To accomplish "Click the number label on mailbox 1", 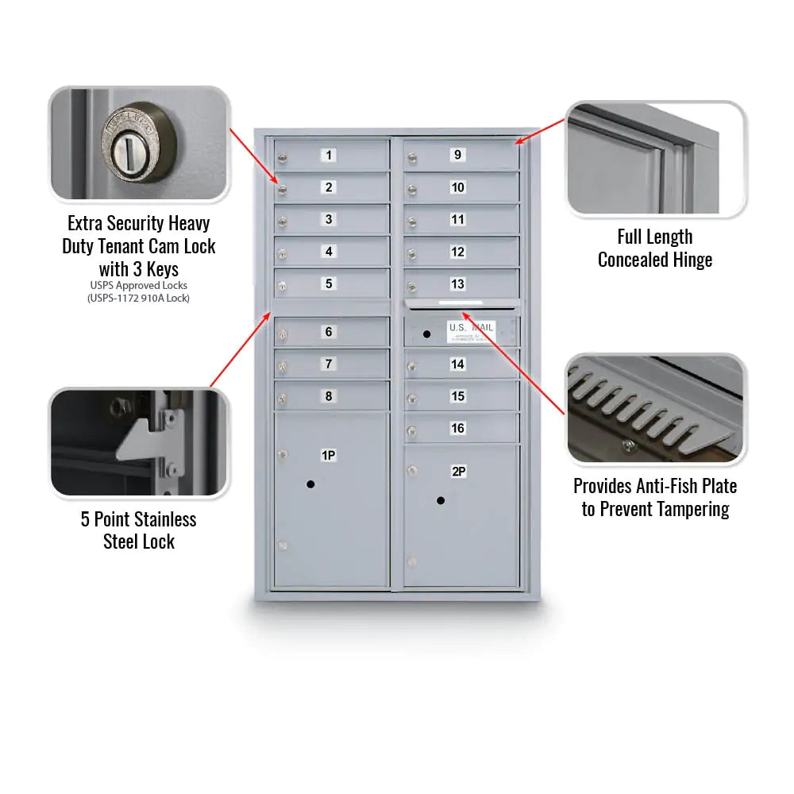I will (x=329, y=155).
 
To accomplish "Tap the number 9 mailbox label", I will (x=457, y=155).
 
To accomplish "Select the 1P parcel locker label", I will (x=328, y=455).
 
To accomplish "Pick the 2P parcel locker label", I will (x=458, y=472).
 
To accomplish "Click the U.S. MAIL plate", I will (x=470, y=332).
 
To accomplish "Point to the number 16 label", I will (x=457, y=429).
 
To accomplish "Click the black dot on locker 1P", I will (x=310, y=484).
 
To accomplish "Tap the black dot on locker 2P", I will (x=440, y=500).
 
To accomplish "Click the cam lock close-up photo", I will (x=140, y=143).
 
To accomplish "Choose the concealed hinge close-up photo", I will (x=656, y=159).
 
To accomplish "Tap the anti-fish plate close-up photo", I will (x=656, y=409).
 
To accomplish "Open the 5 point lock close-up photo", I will (x=140, y=442).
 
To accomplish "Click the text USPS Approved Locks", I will (x=139, y=285).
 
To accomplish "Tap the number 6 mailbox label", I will (x=329, y=332).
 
